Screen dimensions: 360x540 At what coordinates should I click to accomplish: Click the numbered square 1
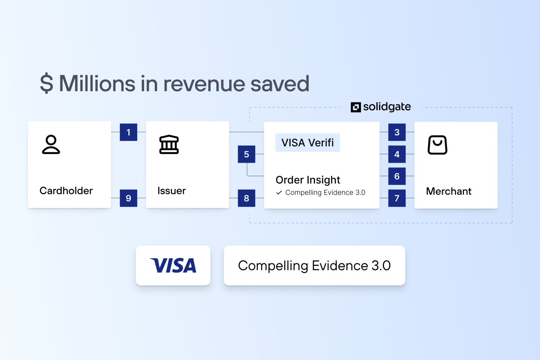(128, 132)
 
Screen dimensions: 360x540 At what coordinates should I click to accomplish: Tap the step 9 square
(128, 198)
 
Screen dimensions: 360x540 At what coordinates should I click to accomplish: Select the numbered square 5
(246, 154)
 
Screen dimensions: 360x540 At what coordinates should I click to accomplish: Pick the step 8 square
(246, 198)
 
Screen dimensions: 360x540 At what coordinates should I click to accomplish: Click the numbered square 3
(397, 132)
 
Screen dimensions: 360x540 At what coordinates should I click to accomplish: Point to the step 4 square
(397, 154)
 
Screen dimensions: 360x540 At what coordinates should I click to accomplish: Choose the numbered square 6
(397, 176)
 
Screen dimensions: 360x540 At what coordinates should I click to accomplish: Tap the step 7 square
(397, 198)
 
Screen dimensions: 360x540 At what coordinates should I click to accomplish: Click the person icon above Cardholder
(51, 145)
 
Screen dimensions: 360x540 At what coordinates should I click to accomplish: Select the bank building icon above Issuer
(169, 145)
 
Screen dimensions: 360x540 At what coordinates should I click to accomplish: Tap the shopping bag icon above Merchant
(437, 145)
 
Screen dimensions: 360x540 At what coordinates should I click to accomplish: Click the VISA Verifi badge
(307, 142)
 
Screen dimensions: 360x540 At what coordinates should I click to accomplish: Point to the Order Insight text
(308, 180)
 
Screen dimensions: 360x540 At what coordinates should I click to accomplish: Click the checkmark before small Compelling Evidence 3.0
(279, 192)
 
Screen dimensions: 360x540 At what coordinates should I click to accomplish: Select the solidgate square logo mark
(355, 107)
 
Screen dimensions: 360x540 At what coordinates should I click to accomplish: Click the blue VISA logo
(173, 265)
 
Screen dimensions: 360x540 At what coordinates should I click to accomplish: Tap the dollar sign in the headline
(46, 83)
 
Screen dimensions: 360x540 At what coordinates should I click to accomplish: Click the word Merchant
(448, 191)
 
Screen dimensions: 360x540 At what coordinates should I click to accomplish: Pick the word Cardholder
(66, 190)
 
